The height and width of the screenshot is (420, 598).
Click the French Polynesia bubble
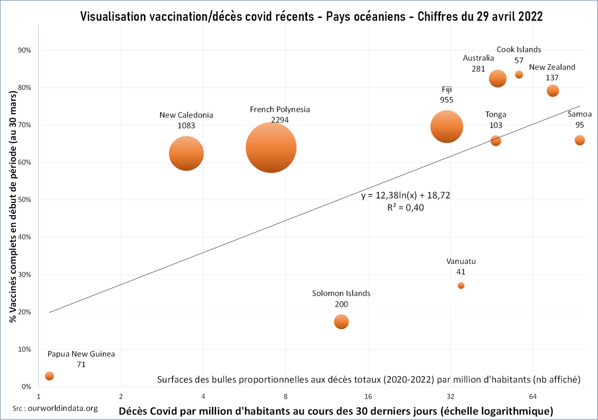pyautogui.click(x=271, y=147)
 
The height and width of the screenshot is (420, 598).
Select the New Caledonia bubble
pyautogui.click(x=186, y=153)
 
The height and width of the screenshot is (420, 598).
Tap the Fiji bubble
pyautogui.click(x=447, y=127)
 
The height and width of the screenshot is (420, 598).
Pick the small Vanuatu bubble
pyautogui.click(x=461, y=285)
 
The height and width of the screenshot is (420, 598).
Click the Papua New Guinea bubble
pyautogui.click(x=49, y=376)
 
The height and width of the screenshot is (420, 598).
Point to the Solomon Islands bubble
pyautogui.click(x=341, y=322)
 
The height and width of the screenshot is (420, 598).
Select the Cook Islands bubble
pyautogui.click(x=519, y=75)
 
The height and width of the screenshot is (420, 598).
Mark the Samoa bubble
pyautogui.click(x=580, y=140)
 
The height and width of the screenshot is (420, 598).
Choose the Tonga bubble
pyautogui.click(x=495, y=141)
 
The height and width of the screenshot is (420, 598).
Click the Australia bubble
pyautogui.click(x=497, y=78)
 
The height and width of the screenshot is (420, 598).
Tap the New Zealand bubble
pyautogui.click(x=553, y=91)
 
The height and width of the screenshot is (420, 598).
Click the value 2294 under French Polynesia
pyautogui.click(x=281, y=120)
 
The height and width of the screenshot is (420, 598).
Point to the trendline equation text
pyautogui.click(x=406, y=196)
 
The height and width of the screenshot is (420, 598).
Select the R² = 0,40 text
pyautogui.click(x=405, y=208)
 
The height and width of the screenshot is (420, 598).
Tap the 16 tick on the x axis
pyautogui.click(x=368, y=397)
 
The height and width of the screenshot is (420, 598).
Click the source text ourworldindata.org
pyautogui.click(x=55, y=408)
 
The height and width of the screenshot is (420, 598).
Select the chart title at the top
pyautogui.click(x=311, y=16)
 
